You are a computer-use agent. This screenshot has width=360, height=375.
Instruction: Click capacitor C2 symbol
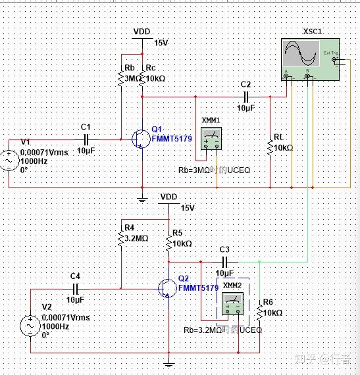(x=246, y=96)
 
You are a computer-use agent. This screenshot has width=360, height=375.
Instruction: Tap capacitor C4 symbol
(x=75, y=288)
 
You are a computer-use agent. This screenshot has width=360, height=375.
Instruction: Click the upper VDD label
(x=141, y=31)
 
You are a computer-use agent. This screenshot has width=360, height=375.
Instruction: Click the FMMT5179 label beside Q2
(x=198, y=288)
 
